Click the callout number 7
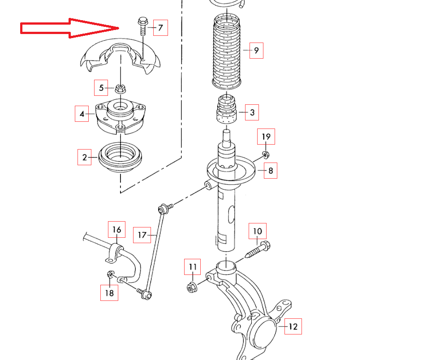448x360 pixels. click(x=160, y=28)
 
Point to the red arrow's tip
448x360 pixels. click(x=118, y=28)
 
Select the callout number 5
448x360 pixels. click(x=101, y=88)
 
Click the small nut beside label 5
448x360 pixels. click(x=120, y=88)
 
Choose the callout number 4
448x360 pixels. click(x=82, y=114)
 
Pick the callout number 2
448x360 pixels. click(x=84, y=157)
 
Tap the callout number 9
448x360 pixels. click(x=256, y=50)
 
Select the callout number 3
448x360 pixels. click(x=252, y=113)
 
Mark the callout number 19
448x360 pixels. click(x=266, y=136)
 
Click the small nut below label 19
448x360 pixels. click(x=265, y=155)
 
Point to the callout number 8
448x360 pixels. click(x=271, y=170)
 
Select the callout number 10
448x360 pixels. click(x=257, y=231)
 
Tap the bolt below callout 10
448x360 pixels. click(x=257, y=249)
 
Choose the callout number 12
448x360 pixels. click(x=293, y=326)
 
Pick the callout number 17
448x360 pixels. click(x=142, y=235)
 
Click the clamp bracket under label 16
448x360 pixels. click(x=116, y=253)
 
